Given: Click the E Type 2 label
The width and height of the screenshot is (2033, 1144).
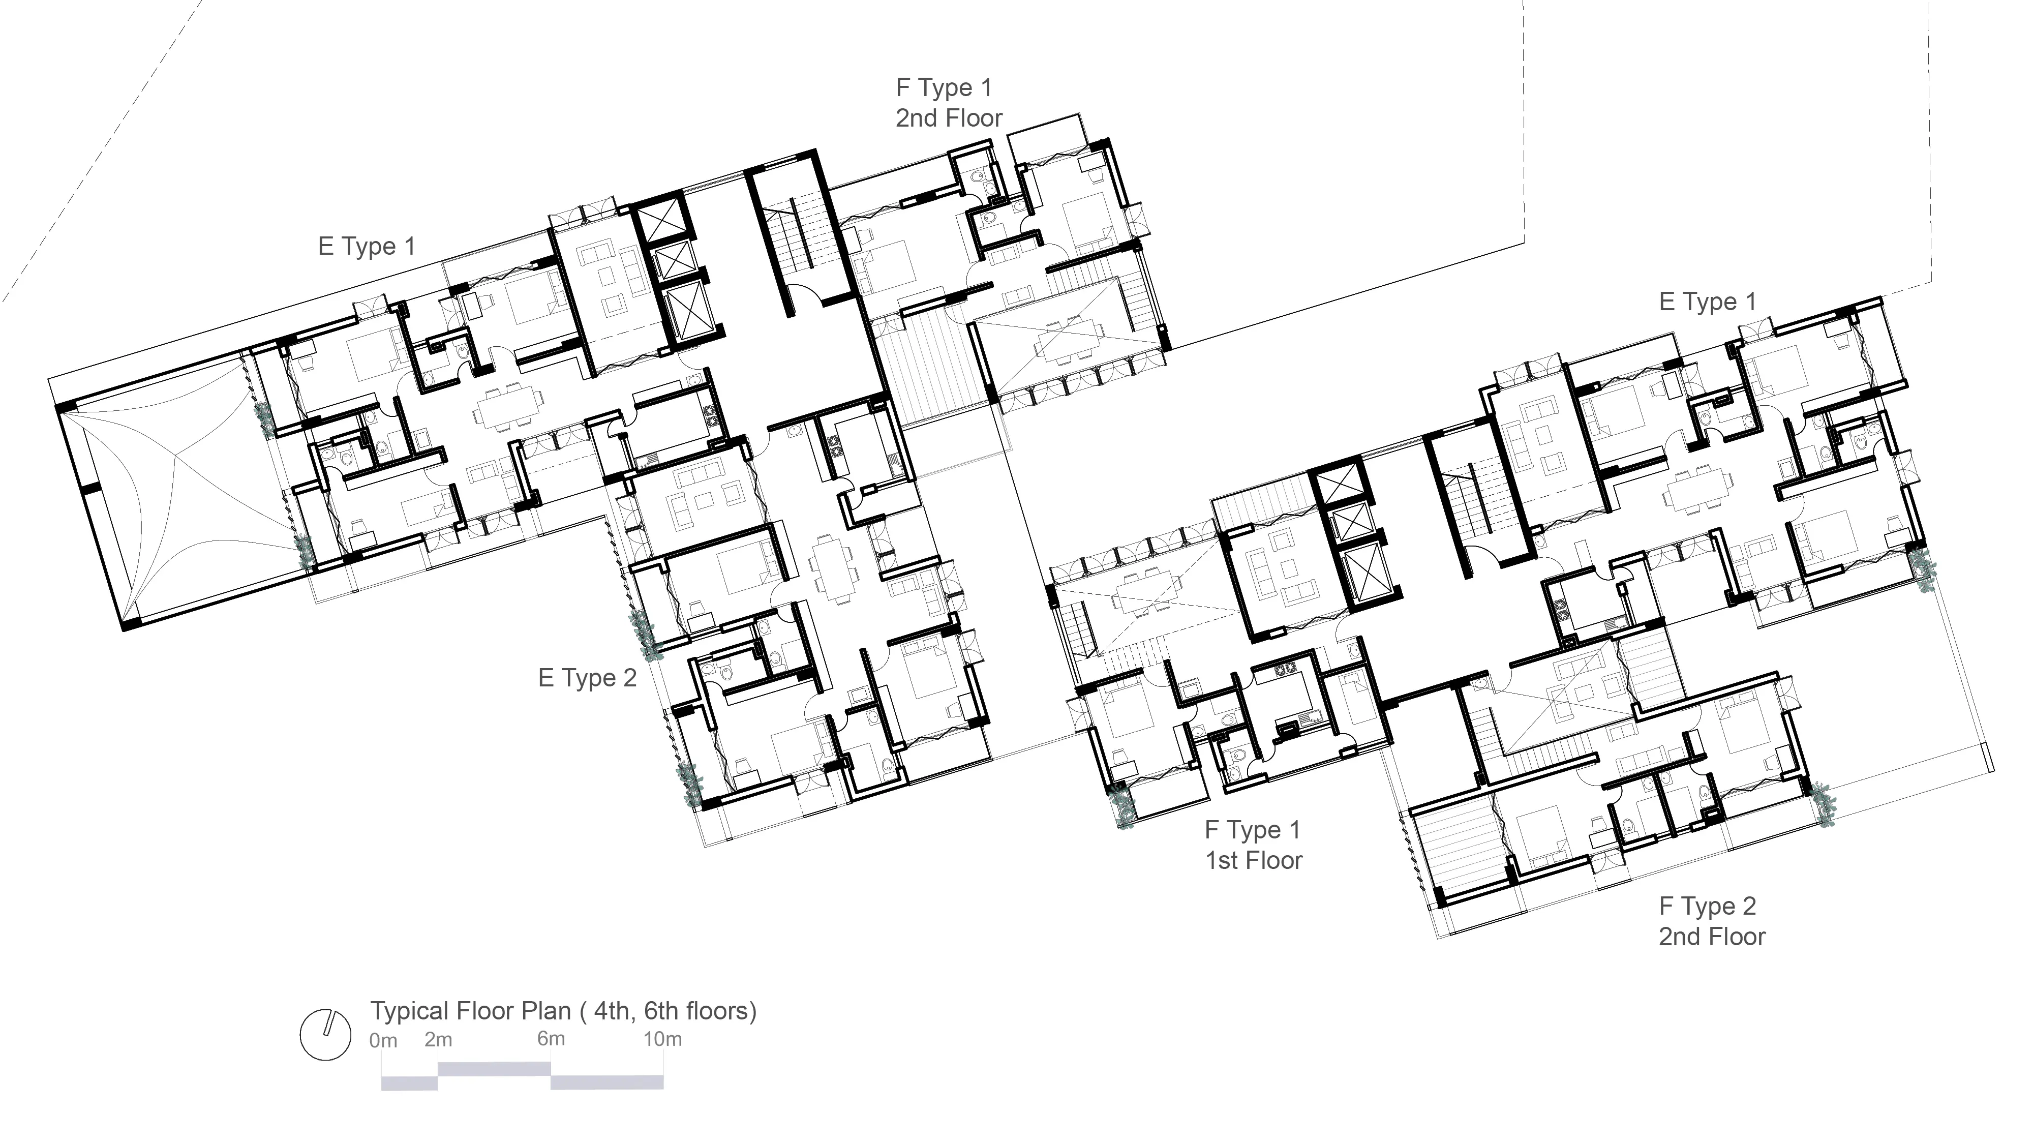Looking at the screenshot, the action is click(587, 678).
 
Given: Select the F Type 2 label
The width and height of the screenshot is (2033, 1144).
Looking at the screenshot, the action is click(1707, 907).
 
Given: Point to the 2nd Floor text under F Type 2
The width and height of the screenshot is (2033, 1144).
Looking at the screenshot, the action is click(1712, 937).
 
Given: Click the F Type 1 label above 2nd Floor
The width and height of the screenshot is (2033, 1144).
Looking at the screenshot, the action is click(944, 87).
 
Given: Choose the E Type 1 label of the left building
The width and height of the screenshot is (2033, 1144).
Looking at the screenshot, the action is click(366, 246).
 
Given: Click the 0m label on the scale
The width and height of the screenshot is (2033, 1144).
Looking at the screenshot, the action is click(383, 1041).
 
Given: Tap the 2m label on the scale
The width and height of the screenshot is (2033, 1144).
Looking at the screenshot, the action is click(438, 1040).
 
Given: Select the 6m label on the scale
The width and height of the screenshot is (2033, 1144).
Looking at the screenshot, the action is click(551, 1039).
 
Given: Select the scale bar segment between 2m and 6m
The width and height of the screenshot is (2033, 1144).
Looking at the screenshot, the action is click(494, 1069).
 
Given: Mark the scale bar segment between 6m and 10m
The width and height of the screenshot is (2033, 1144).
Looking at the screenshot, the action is click(607, 1082).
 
